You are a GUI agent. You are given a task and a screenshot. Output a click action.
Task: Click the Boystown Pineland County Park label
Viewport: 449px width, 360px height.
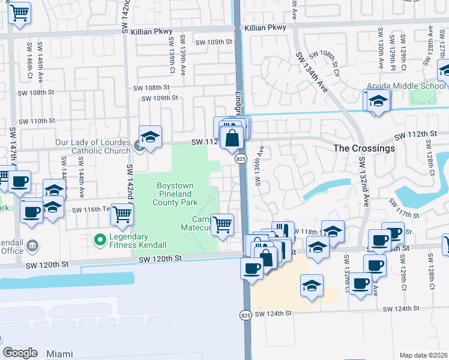[174, 194]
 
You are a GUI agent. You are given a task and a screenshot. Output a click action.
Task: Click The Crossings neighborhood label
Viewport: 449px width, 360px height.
[364, 148]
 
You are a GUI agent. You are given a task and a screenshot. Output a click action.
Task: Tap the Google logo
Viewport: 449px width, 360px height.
[20, 352]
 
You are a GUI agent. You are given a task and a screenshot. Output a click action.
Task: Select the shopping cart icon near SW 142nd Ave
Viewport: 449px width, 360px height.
[122, 214]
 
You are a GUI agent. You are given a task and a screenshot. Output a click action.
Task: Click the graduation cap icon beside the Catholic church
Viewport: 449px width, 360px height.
[150, 137]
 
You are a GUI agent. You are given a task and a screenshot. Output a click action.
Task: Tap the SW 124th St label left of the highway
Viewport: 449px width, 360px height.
[273, 313]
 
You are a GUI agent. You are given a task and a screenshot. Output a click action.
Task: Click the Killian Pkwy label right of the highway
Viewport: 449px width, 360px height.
[265, 28]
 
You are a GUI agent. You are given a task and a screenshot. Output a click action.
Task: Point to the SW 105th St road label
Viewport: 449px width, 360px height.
[217, 41]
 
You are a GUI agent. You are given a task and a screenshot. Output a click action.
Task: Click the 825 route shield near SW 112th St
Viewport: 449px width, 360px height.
[241, 158]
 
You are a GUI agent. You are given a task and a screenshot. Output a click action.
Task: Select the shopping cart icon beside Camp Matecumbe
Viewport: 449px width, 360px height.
[223, 225]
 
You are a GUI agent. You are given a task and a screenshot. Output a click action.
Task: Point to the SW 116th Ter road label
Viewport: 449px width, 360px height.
[92, 210]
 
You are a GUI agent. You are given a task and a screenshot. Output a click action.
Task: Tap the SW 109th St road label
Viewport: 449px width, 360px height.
[160, 98]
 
